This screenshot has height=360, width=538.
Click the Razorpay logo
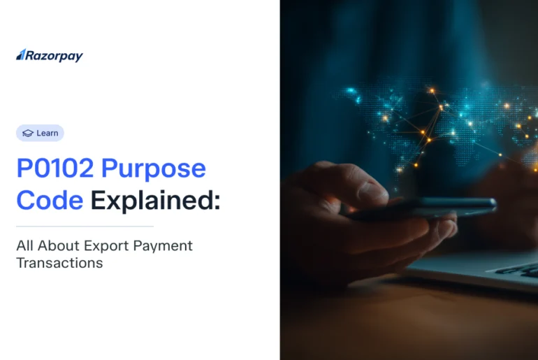point(49,56)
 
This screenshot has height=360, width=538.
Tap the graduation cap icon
point(28,133)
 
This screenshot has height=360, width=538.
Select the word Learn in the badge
point(48,133)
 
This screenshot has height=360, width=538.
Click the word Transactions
point(59,264)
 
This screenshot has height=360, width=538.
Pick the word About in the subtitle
point(57,246)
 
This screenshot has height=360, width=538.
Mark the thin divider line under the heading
point(85,226)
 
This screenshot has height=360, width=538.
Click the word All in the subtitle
point(26,246)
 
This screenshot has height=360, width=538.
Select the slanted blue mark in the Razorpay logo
point(21,55)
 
